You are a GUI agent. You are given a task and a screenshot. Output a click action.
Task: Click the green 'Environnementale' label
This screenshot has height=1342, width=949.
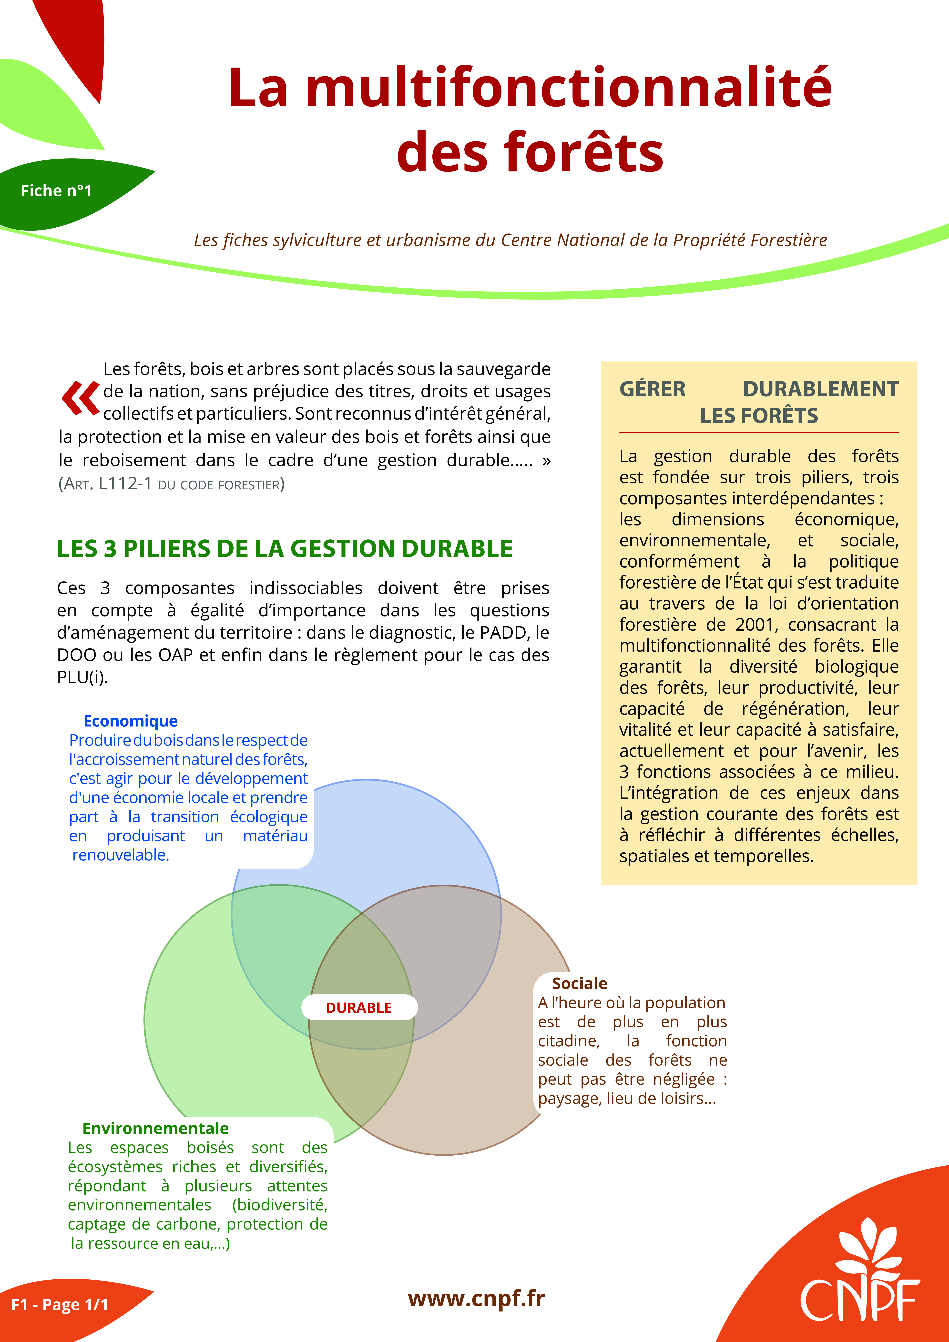155,1128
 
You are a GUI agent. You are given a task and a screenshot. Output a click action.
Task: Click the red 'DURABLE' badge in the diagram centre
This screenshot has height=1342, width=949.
359,1008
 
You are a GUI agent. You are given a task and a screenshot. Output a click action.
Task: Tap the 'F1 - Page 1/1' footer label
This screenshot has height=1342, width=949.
60,1305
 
